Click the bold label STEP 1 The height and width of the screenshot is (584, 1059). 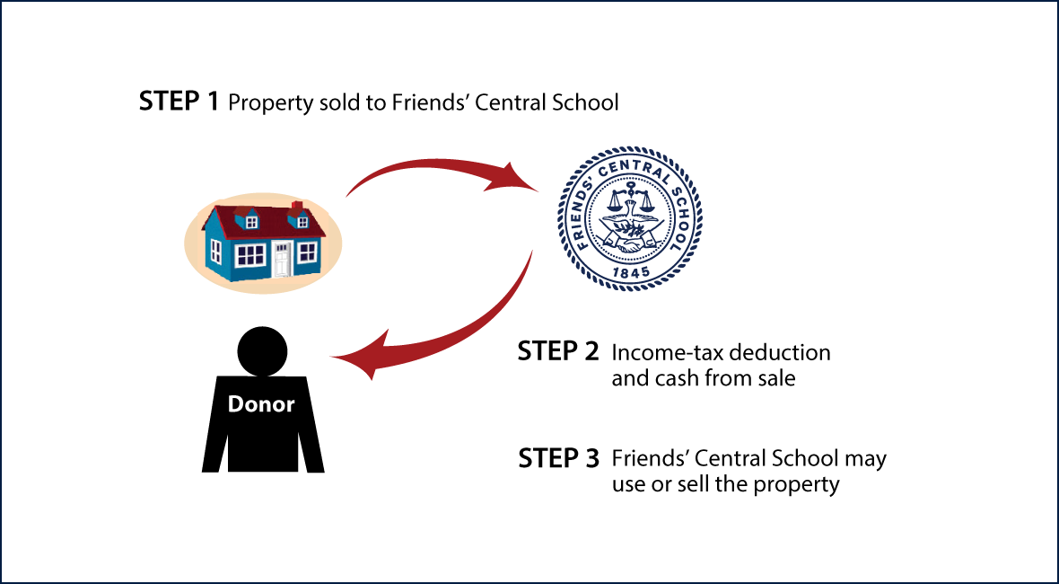point(179,102)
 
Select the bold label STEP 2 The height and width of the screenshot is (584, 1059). point(558,351)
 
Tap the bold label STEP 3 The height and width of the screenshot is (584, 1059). point(558,458)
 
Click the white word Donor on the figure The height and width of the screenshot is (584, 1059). point(261,404)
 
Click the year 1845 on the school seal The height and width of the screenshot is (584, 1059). point(629,271)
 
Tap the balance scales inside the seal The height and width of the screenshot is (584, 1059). point(629,200)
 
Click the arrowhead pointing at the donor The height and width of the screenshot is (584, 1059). point(358,355)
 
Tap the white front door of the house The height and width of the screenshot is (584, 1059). point(282,259)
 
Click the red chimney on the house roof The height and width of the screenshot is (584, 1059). point(296,206)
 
